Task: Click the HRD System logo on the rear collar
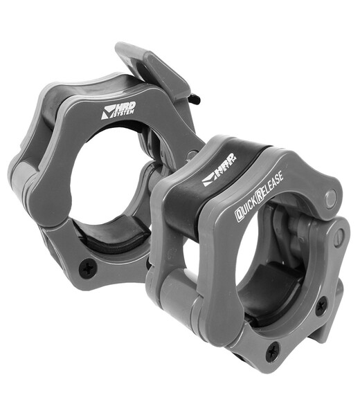118,110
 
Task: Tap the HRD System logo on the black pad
219,169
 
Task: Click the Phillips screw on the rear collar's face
87,268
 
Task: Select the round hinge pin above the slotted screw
332,197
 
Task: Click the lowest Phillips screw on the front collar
273,351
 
